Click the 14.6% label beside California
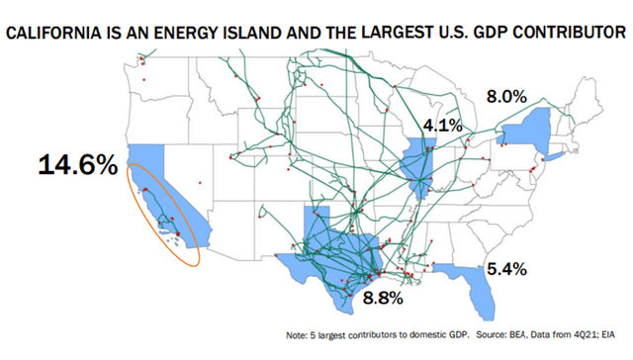click(77, 164)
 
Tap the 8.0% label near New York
click(510, 97)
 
